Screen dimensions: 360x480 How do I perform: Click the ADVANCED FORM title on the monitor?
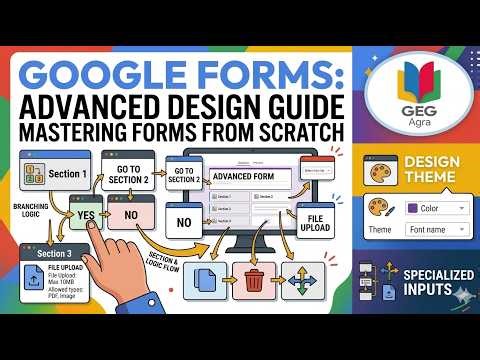244,178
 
